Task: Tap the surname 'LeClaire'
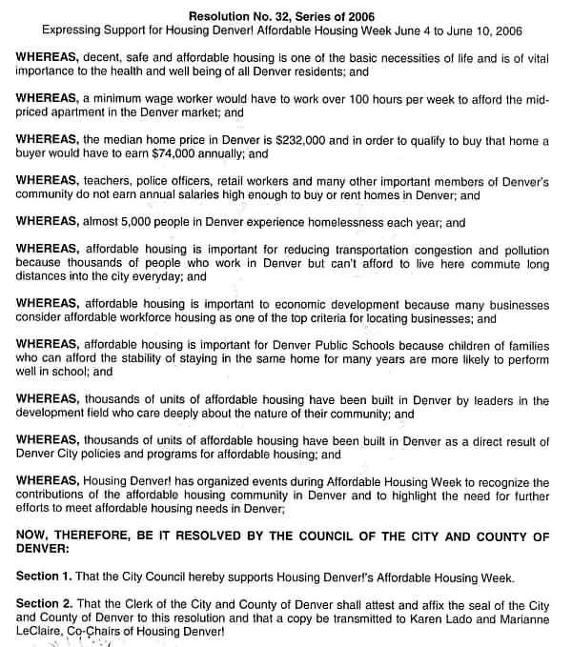pyautogui.click(x=44, y=632)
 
